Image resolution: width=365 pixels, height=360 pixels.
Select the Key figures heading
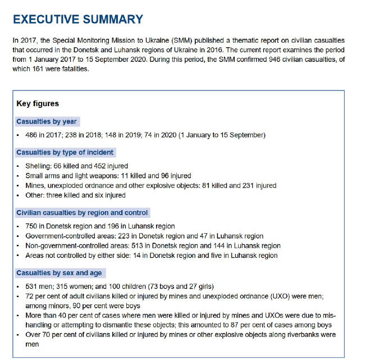click(x=38, y=103)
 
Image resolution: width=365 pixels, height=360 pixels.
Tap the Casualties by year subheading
click(x=47, y=121)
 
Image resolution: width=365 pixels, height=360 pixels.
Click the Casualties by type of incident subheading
click(x=65, y=152)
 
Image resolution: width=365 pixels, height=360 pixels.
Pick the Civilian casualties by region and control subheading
click(x=82, y=213)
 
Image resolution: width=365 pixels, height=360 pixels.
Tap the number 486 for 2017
click(x=31, y=135)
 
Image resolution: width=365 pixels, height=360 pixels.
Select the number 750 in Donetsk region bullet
click(x=31, y=227)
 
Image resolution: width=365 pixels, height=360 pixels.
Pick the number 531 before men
click(x=31, y=287)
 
